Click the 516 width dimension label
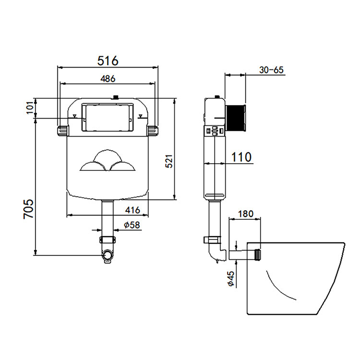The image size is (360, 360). pos(108,61)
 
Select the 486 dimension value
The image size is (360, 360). pos(108,79)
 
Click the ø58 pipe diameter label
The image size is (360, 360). pos(131,225)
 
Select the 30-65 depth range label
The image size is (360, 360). pos(272,70)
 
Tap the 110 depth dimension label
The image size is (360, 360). pos(240,156)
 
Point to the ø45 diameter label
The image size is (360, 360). pos(230,279)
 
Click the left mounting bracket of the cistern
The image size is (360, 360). pos(63,131)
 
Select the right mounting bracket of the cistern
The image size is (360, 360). pos(153,131)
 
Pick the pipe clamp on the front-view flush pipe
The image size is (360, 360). pos(108,239)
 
